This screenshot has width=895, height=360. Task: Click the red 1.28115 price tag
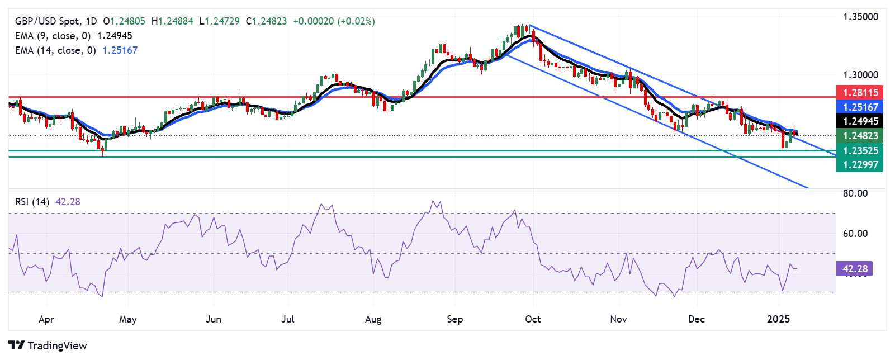tap(860, 93)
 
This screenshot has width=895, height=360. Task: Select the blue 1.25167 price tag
tap(860, 107)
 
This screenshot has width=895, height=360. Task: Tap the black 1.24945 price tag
tap(860, 121)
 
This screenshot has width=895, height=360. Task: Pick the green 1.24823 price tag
tap(860, 136)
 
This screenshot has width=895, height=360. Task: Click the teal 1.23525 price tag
tap(860, 151)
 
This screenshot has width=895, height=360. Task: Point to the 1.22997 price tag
tap(860, 165)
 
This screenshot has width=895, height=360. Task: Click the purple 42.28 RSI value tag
tap(855, 269)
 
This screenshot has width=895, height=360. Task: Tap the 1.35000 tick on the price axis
tap(860, 17)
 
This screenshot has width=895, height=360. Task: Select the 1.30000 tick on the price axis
tap(860, 75)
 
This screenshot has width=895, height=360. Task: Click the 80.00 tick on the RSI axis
tap(855, 193)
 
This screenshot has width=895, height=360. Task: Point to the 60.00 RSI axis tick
tap(855, 234)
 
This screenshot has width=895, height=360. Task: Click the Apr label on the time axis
tap(46, 319)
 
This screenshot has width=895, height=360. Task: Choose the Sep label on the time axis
tap(455, 319)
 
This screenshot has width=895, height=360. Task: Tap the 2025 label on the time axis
tap(778, 319)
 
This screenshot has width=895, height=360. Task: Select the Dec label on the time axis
tap(697, 319)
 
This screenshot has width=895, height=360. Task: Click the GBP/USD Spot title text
tap(48, 21)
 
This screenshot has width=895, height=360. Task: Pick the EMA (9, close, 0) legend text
tap(53, 36)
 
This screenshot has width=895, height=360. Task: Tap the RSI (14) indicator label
tap(32, 202)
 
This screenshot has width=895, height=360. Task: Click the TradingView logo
tap(48, 345)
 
